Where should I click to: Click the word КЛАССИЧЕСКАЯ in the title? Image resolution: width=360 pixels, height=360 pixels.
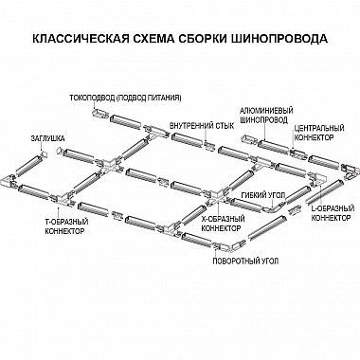click(75, 43)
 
